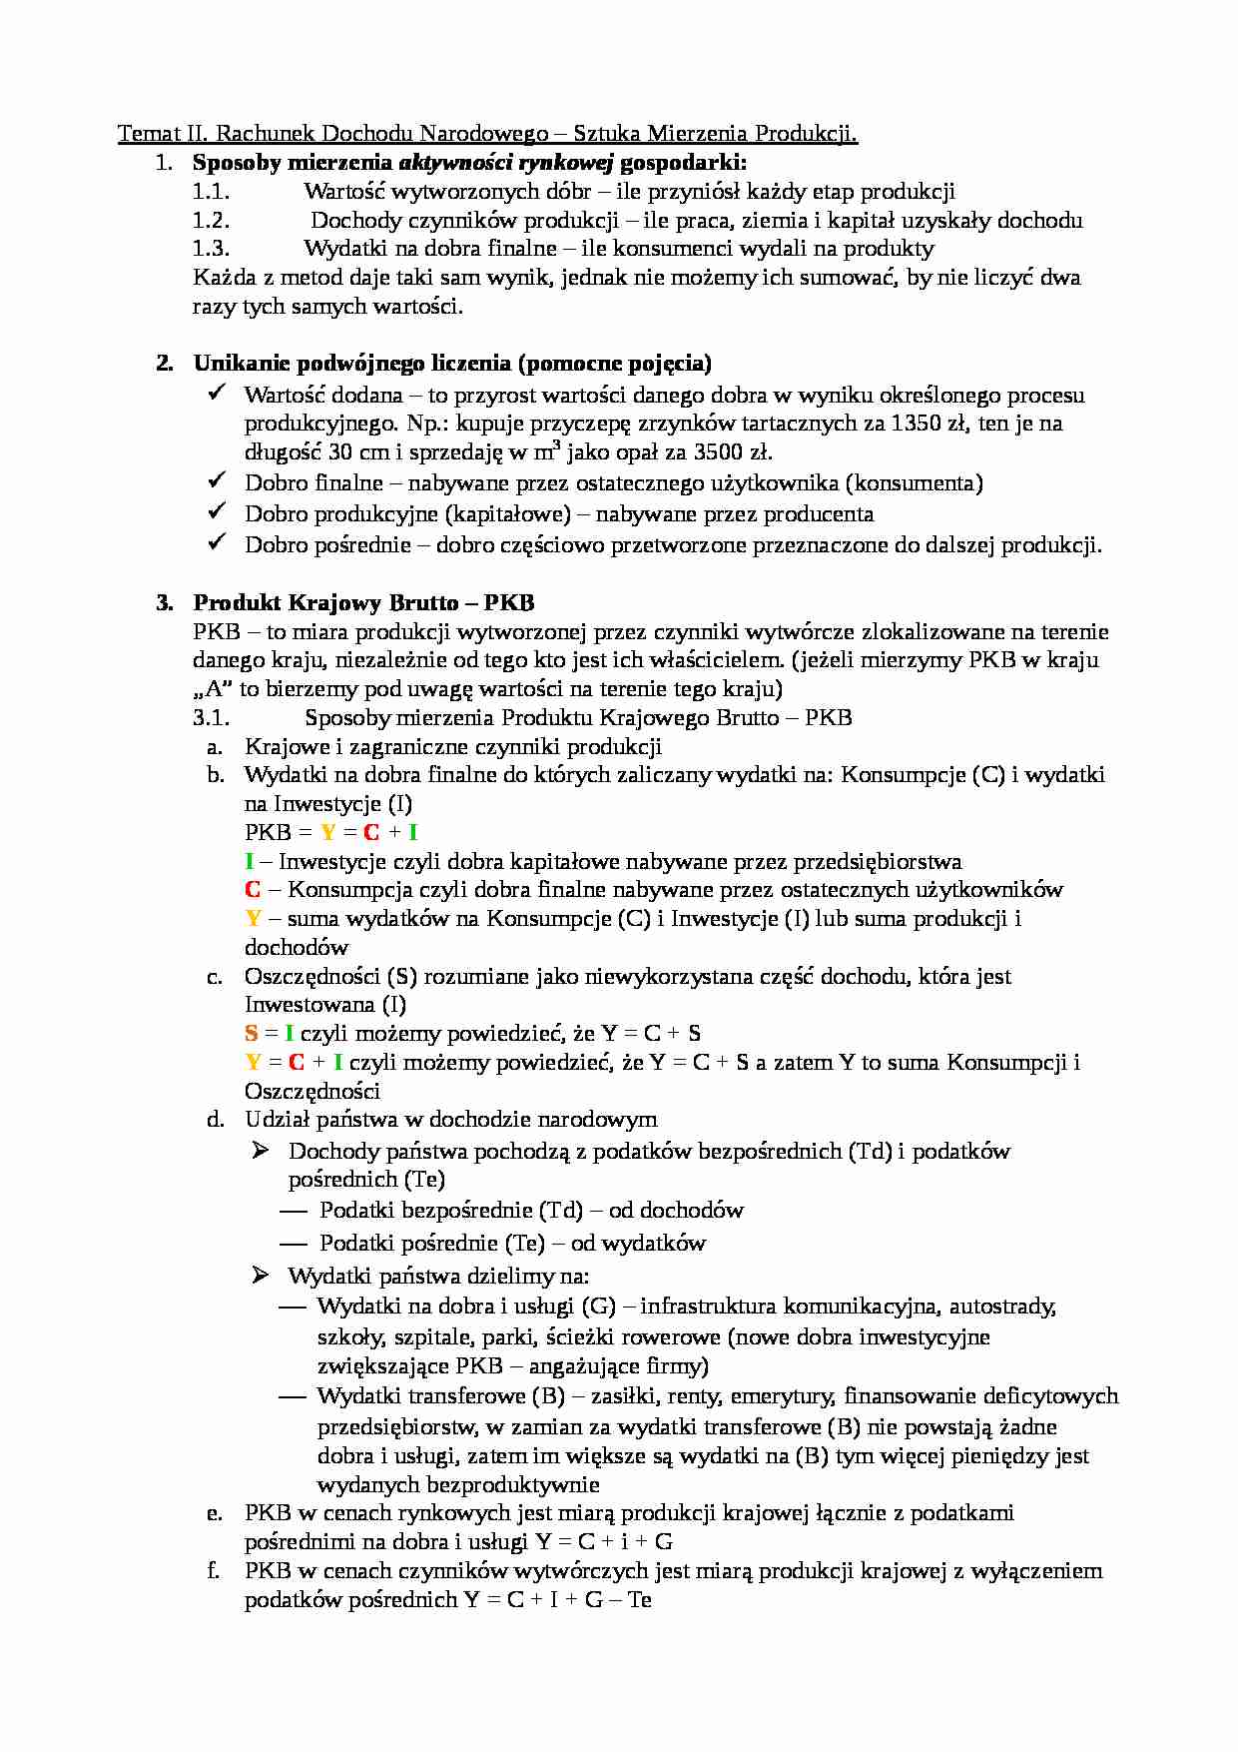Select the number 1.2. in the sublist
tap(211, 221)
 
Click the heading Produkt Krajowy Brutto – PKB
tap(363, 603)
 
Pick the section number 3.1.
tap(211, 718)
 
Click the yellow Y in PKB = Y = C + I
tap(327, 833)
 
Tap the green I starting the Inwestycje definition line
tap(250, 862)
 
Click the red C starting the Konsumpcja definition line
tap(253, 890)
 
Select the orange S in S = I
tap(251, 1034)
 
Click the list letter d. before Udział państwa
tap(215, 1120)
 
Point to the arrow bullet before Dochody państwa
tap(261, 1151)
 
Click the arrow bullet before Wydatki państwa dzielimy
tap(261, 1275)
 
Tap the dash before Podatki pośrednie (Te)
tap(293, 1244)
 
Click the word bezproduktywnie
tap(458, 1485)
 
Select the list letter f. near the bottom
tap(214, 1571)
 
